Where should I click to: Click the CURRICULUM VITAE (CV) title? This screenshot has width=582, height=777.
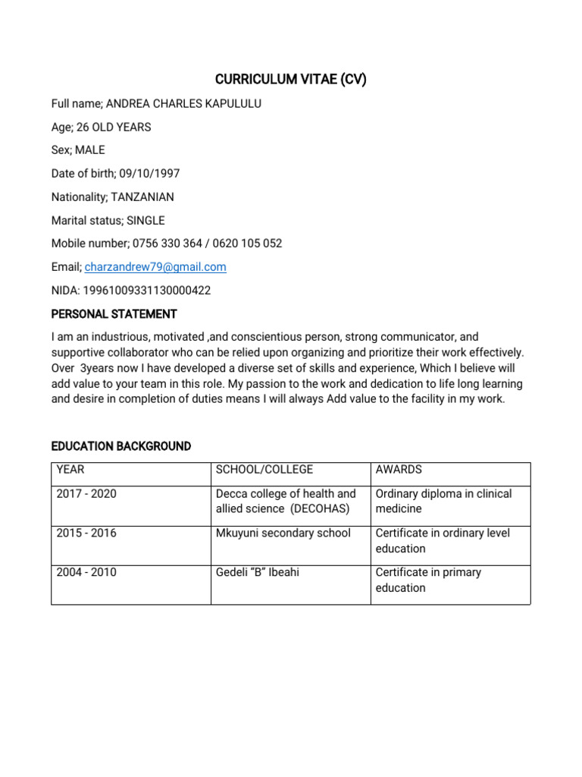[291, 80]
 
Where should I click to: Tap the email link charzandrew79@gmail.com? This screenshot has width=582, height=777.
[155, 267]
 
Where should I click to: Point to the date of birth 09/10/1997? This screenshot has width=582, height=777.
[149, 174]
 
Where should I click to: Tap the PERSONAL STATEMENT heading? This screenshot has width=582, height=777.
[114, 314]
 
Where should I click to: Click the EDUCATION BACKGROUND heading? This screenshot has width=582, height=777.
[121, 446]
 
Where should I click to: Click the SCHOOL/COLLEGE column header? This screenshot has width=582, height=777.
[264, 470]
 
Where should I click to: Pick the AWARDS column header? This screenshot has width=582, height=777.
[399, 470]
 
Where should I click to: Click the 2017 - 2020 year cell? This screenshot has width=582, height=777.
[86, 494]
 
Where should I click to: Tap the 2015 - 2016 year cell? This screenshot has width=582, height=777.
[86, 533]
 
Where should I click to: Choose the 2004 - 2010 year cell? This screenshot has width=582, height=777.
[86, 573]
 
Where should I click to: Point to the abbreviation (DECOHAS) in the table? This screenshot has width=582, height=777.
[314, 509]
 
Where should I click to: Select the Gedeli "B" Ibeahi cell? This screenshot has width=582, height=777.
[258, 573]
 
